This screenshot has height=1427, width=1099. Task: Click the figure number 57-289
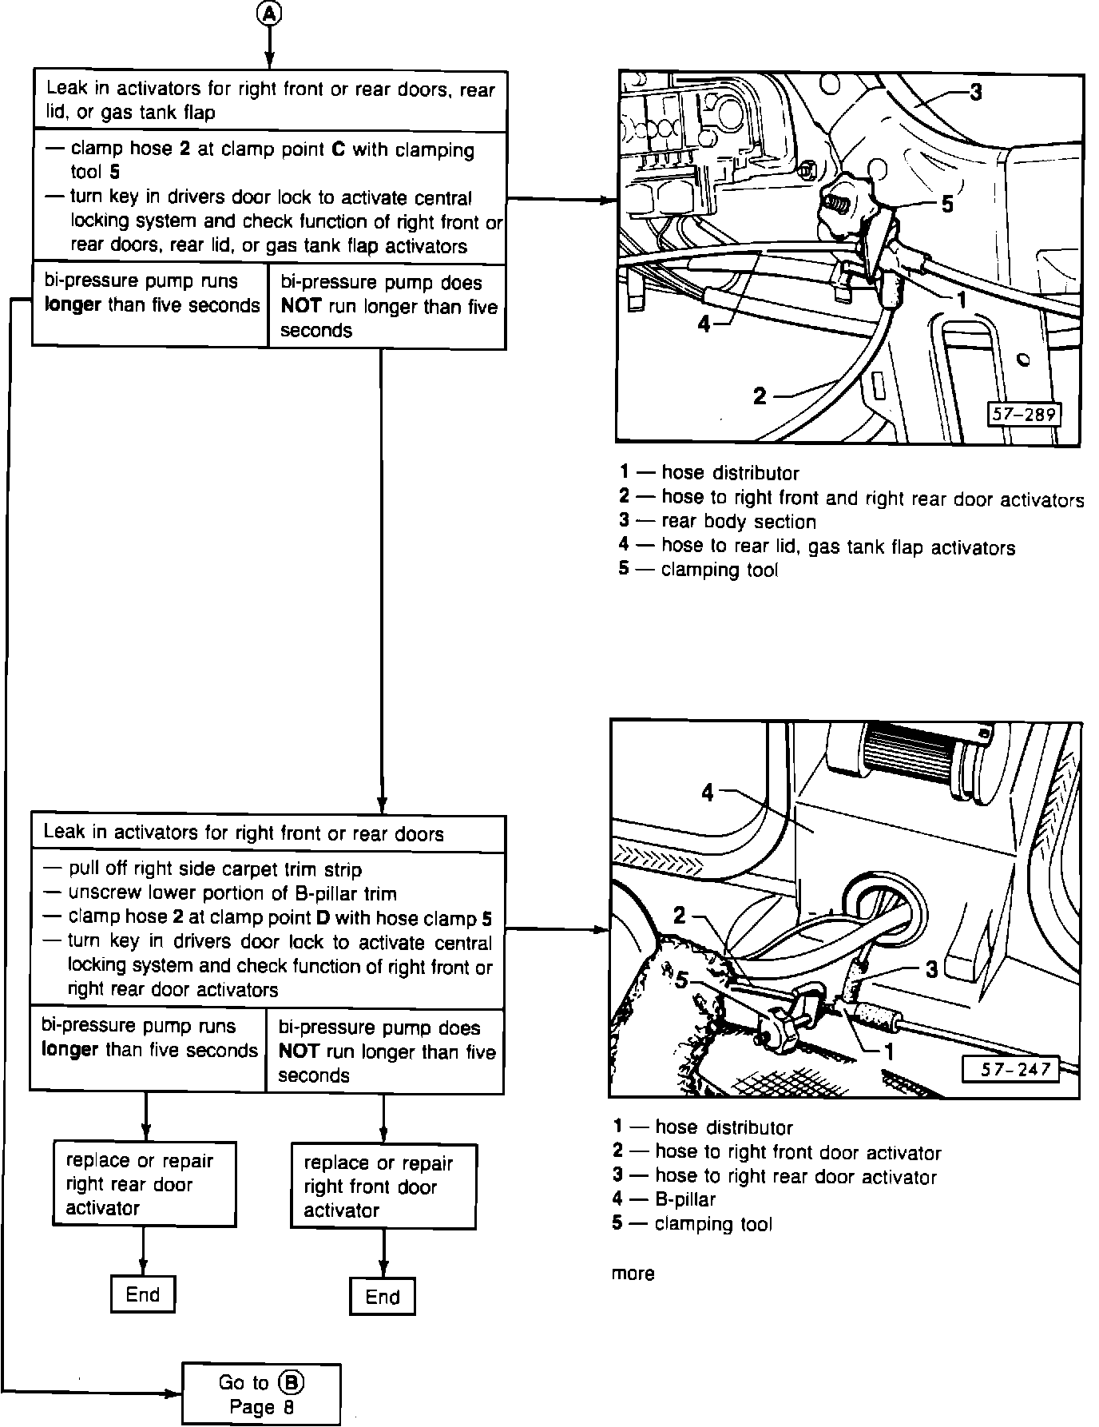1024,414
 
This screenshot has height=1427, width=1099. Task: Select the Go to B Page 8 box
261,1393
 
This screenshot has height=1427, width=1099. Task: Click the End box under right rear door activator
143,1294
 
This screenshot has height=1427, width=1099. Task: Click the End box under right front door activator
383,1297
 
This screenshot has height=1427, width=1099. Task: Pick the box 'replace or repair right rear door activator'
145,1183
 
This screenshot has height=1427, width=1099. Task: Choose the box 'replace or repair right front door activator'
383,1187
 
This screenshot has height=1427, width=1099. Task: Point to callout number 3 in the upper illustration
976,93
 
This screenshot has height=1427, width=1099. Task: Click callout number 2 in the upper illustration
760,396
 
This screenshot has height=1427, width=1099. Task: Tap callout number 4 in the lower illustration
708,792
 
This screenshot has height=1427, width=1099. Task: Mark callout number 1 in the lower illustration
888,1051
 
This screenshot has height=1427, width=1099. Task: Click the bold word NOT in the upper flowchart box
300,306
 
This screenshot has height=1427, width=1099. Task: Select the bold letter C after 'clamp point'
338,150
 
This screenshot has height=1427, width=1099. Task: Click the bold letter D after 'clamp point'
323,918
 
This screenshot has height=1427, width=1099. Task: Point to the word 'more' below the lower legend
633,1274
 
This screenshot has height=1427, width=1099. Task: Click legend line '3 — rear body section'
717,522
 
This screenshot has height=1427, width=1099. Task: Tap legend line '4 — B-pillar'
665,1199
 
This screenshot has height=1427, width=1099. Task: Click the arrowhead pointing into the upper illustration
607,198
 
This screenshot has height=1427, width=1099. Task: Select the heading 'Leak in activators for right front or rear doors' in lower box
244,833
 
